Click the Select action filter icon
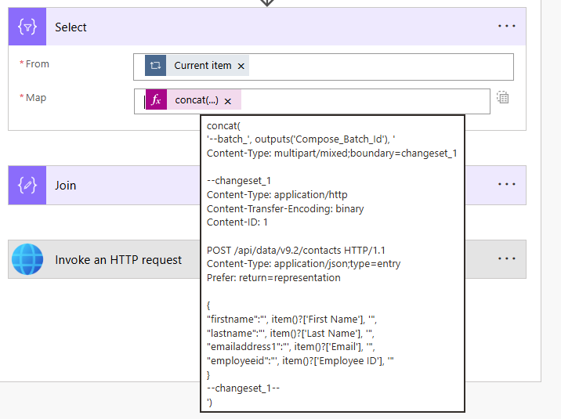point(27,27)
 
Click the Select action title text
point(71,27)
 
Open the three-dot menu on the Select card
point(507,26)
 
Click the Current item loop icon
point(155,66)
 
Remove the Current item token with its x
point(241,66)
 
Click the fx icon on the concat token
point(157,99)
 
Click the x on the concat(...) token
point(227,102)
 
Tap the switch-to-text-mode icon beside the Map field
point(503,97)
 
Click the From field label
point(37,64)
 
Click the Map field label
point(36,98)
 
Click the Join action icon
point(27,185)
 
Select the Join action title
point(66,186)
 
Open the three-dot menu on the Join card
point(507,184)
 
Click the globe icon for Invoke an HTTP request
point(27,259)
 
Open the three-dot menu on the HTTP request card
point(507,258)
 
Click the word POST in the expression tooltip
point(219,251)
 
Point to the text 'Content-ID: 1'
point(237,222)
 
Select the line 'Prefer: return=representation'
point(273,278)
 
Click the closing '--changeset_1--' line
point(244,388)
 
